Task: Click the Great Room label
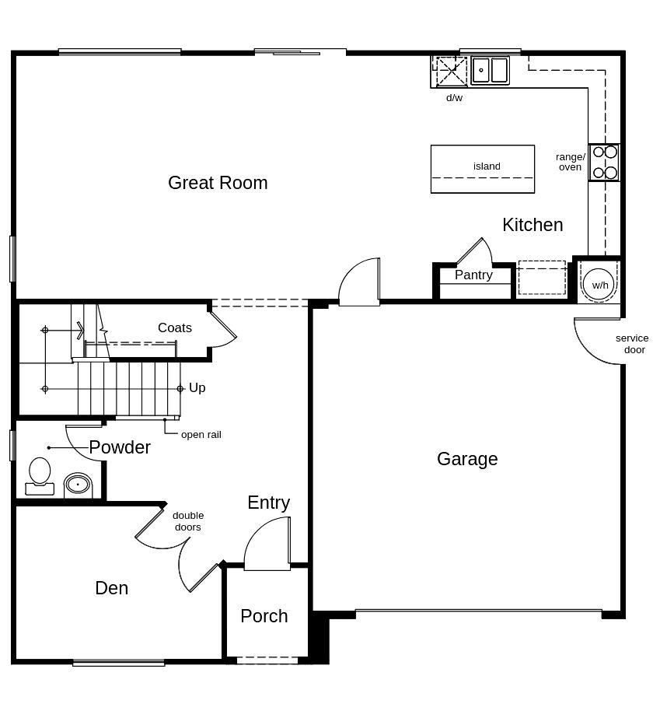[218, 183]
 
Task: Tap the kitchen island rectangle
[483, 169]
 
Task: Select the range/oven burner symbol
[605, 162]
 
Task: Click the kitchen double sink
[491, 70]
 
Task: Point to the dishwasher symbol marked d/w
[451, 71]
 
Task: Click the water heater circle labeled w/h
[599, 285]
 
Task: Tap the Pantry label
[473, 275]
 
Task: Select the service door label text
[633, 344]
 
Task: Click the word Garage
[467, 459]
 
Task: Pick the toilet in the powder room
[40, 476]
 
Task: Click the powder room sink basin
[78, 484]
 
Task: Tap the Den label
[112, 588]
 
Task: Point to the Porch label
[264, 616]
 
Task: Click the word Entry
[269, 503]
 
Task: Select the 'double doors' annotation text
[188, 521]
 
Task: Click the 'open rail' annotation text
[201, 435]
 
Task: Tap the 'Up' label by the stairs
[197, 388]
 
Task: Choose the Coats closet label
[175, 327]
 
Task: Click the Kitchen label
[533, 225]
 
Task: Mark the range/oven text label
[570, 162]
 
